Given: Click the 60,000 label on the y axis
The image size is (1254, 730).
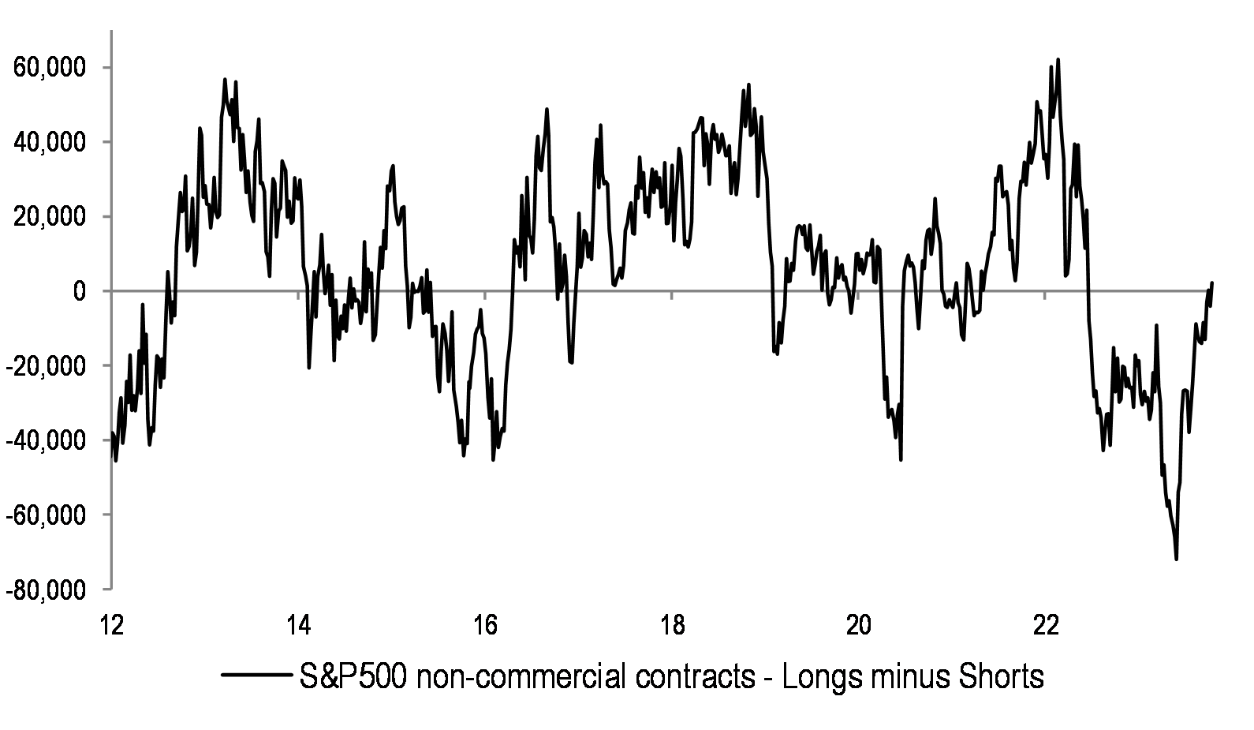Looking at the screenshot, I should point(49,68).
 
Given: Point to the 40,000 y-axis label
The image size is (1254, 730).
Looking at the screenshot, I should point(49,142).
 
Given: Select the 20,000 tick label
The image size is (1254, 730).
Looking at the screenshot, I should point(49,217).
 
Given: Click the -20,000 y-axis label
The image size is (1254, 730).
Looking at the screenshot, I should point(46,366).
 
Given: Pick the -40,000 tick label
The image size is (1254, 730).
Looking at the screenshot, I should point(46,440).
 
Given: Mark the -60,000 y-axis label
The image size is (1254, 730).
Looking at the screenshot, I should point(46,515).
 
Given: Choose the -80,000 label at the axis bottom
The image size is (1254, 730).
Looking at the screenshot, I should point(46,590).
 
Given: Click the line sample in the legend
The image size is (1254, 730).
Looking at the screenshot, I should point(256,676).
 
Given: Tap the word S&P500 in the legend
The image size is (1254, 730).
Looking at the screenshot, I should point(352,676).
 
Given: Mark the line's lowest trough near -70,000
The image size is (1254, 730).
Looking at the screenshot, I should point(1176,559).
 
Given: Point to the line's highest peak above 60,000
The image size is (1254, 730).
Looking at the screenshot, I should point(1058,60).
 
